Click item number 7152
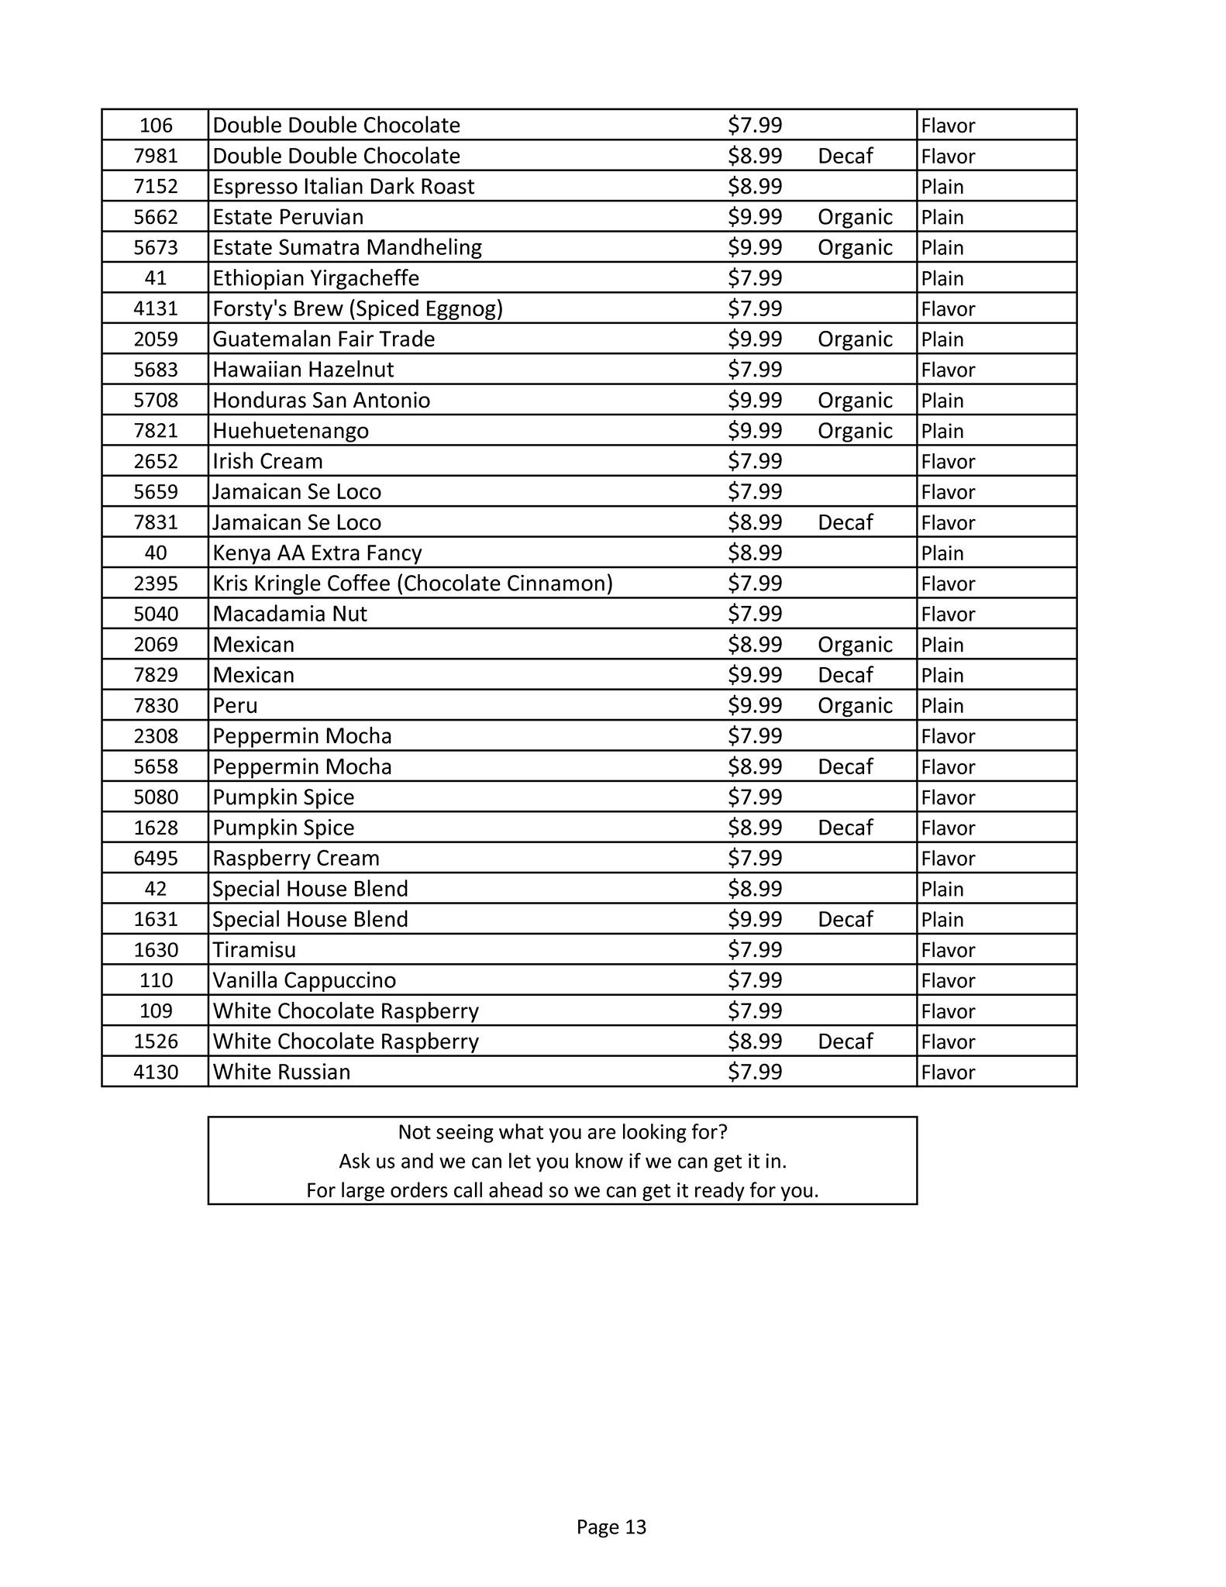click(156, 187)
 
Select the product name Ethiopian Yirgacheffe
click(315, 278)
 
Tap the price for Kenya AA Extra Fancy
click(754, 553)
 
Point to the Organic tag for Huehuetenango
click(855, 431)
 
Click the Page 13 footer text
click(611, 1527)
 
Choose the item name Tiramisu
click(254, 950)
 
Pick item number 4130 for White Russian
click(156, 1072)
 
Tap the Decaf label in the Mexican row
click(845, 676)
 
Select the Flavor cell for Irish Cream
click(948, 462)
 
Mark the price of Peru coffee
click(754, 706)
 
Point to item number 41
click(156, 278)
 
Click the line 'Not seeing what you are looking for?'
click(563, 1132)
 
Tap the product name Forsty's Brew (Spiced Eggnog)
click(357, 309)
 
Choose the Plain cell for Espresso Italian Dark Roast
click(942, 187)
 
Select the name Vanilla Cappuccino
click(304, 981)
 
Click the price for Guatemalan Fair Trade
click(754, 339)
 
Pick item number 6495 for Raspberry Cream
click(156, 859)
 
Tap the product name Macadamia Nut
click(290, 614)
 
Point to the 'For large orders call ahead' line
click(563, 1190)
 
